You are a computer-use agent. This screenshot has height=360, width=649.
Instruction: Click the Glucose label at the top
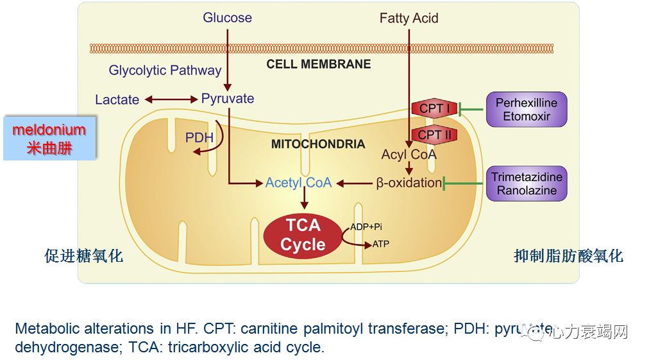227,17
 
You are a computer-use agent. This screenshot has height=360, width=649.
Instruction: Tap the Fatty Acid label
409,18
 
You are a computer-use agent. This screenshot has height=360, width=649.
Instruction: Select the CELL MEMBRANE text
319,64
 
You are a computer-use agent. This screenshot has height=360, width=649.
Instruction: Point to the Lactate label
117,99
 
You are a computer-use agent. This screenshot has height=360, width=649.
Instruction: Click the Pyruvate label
228,99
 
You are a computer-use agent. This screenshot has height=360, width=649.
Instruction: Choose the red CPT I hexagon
434,108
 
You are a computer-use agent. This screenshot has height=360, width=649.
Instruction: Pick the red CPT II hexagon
434,135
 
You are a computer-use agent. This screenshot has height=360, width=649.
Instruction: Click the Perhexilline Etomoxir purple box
526,110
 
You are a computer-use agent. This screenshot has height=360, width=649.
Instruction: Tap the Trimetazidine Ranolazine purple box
527,184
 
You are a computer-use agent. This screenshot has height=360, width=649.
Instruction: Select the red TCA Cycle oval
303,235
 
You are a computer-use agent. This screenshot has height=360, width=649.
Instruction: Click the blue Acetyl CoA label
298,183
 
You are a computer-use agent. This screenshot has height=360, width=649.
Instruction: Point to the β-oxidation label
409,183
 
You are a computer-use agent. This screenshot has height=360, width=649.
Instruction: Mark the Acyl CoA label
409,155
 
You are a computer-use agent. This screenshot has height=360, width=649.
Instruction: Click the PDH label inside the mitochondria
199,138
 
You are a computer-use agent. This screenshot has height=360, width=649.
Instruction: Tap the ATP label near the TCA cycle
380,244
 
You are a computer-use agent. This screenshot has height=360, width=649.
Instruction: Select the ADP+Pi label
366,227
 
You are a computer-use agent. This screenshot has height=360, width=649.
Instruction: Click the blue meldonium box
49,138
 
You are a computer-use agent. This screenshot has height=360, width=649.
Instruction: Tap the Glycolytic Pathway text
165,70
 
